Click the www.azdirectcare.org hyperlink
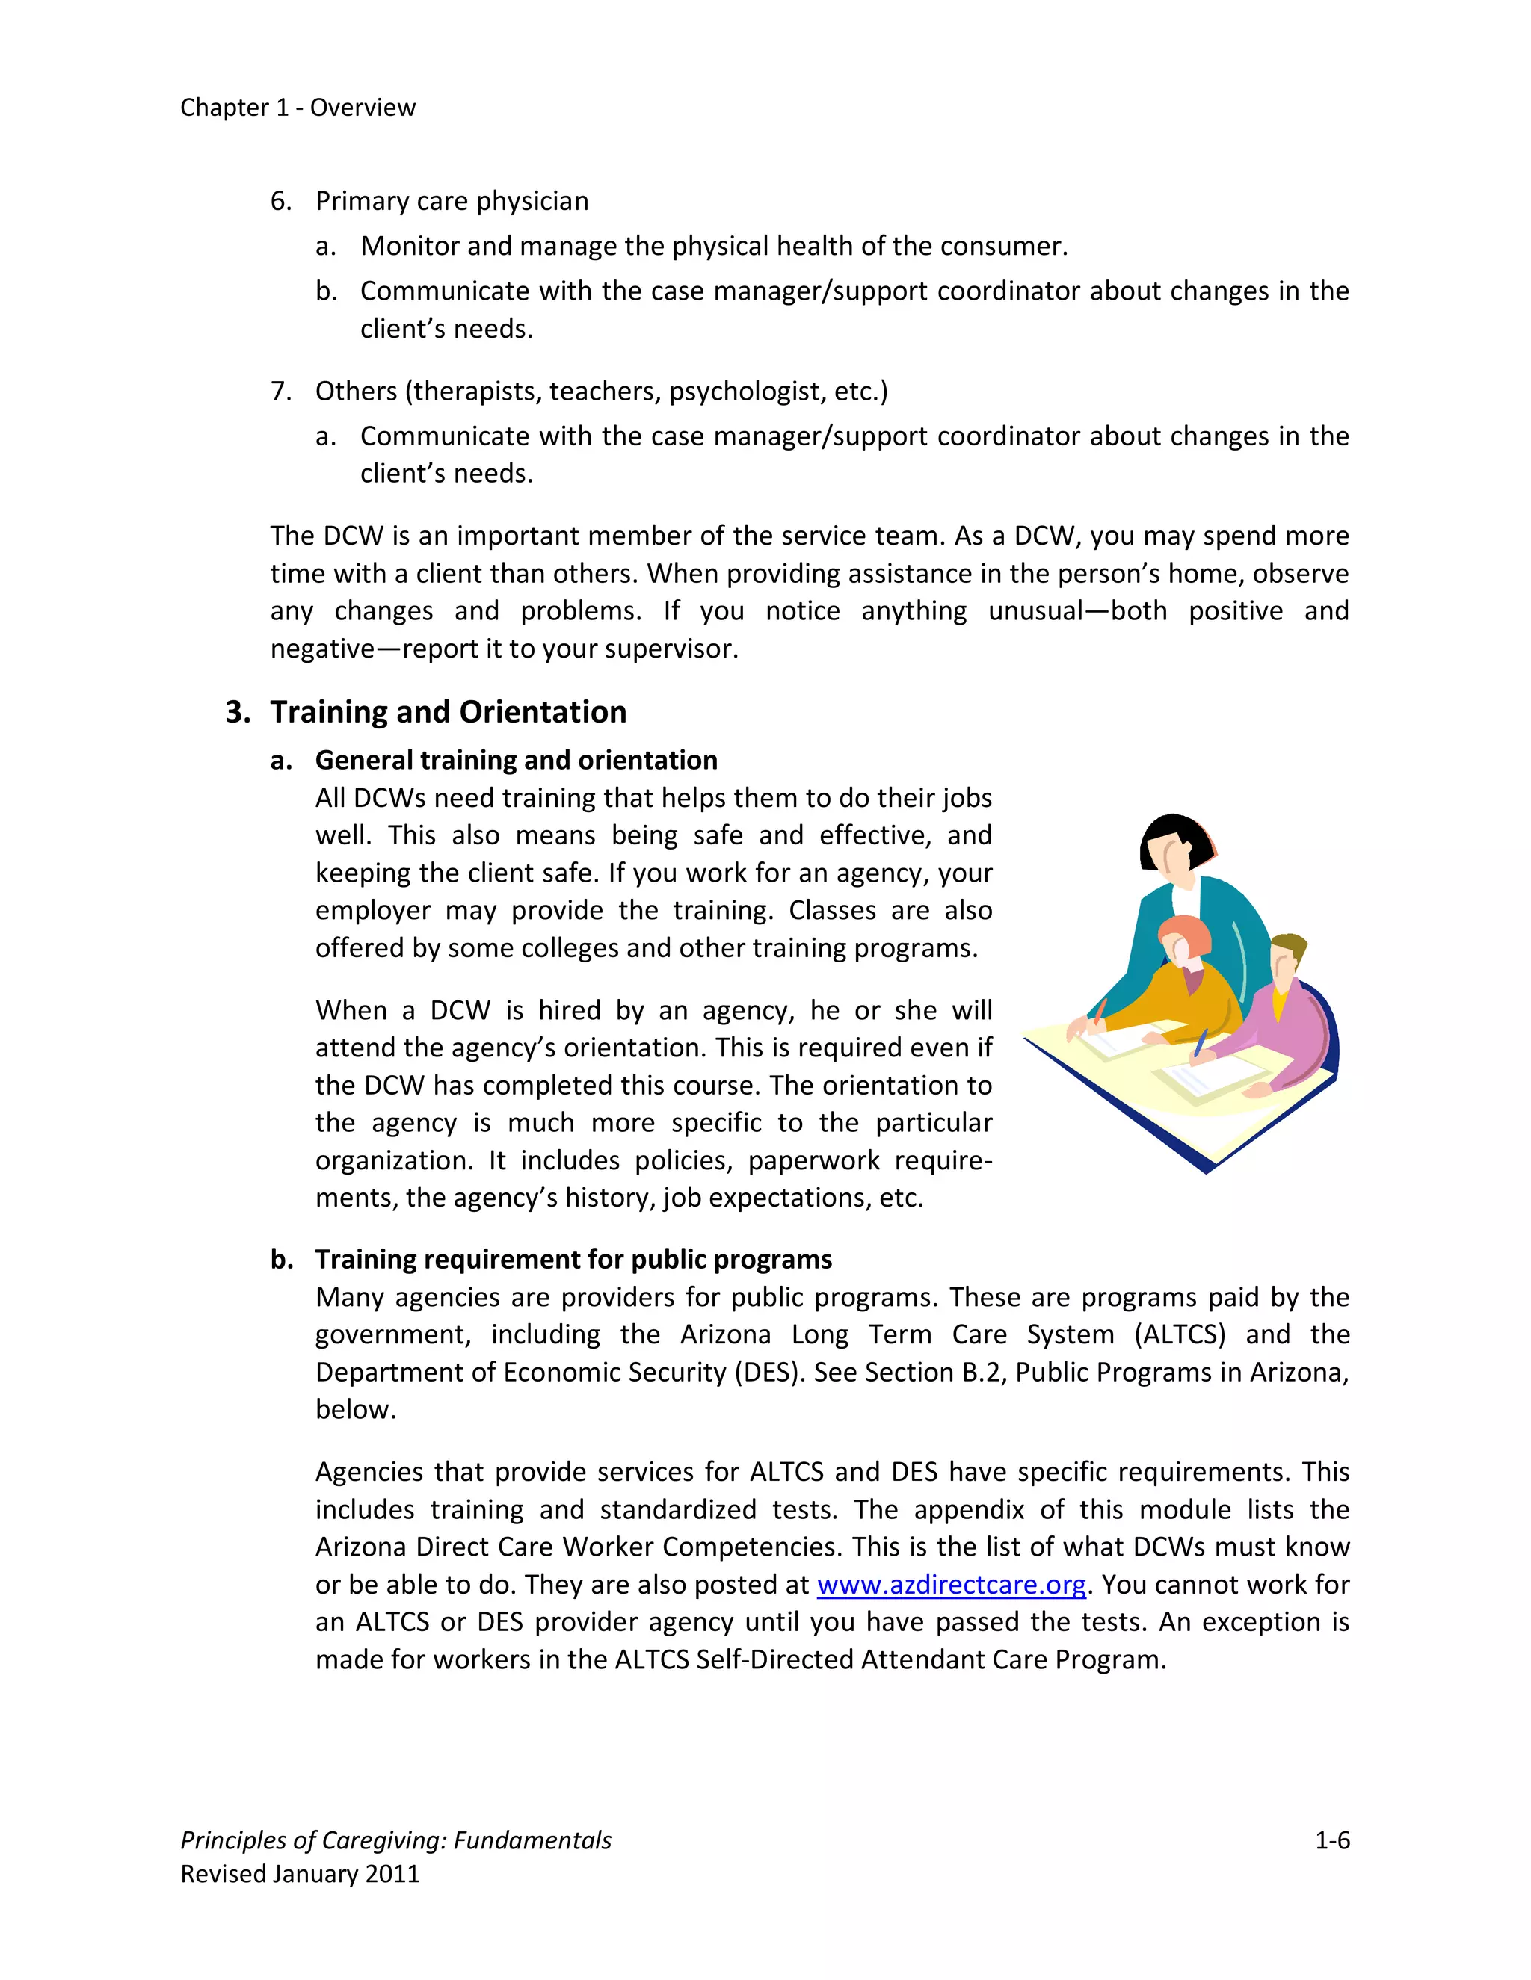pos(952,1584)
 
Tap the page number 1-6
pos(1331,1840)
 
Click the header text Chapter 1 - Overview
pos(298,107)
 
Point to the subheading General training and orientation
pos(516,760)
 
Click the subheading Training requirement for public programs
pos(573,1259)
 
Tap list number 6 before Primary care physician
pos(280,200)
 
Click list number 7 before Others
pos(280,391)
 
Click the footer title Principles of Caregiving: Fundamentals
pos(395,1840)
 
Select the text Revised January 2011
pos(301,1874)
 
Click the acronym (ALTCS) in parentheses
pos(1179,1334)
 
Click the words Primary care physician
pos(452,200)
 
